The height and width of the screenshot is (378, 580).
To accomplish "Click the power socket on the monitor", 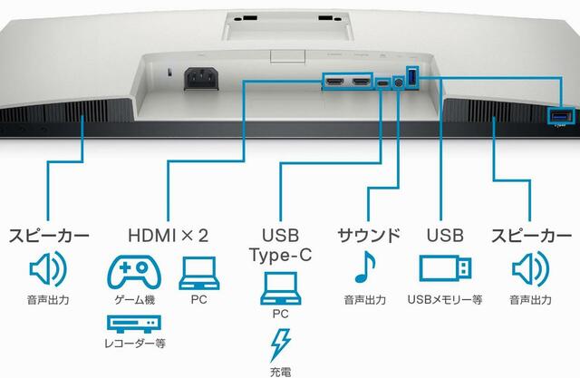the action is tap(201, 79).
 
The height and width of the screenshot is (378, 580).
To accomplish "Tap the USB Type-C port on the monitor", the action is tap(383, 83).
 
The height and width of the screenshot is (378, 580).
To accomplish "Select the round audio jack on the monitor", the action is tap(398, 82).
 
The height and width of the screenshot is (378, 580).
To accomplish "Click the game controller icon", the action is tap(134, 272).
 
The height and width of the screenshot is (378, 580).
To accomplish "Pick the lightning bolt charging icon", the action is tap(280, 344).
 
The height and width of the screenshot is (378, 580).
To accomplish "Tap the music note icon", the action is tap(364, 267).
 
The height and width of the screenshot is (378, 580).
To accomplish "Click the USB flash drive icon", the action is tap(445, 268).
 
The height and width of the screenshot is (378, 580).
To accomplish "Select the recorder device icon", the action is tap(134, 324).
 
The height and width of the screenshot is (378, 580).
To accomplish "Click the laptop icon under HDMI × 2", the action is tap(199, 273).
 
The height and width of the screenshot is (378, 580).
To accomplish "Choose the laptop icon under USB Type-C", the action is tap(281, 288).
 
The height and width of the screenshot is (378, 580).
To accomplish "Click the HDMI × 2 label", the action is tap(168, 236).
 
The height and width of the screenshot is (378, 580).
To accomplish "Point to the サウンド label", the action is tap(369, 236).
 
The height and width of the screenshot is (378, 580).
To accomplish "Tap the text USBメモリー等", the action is tap(445, 299).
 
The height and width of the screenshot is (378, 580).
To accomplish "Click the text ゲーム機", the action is tap(135, 299).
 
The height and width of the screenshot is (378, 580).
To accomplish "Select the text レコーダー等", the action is tap(135, 344).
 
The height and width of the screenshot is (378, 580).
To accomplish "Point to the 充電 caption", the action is tap(280, 372).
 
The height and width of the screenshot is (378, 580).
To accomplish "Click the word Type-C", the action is tap(281, 255).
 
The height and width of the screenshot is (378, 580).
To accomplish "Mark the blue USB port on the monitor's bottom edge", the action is tap(561, 117).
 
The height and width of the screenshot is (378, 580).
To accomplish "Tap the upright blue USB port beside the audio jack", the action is tap(413, 77).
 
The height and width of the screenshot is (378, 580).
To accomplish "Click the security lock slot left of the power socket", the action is tap(169, 72).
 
